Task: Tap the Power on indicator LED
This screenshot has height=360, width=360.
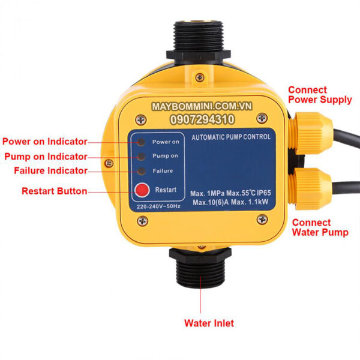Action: click(140, 142)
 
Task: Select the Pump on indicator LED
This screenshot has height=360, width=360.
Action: click(140, 157)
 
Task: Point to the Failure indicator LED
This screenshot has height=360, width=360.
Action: click(140, 171)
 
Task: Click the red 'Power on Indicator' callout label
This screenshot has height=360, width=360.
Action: click(45, 142)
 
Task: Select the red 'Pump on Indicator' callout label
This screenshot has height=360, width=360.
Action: click(46, 157)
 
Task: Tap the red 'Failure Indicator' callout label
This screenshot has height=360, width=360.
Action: click(50, 171)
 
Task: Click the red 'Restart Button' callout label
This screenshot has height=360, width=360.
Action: click(55, 191)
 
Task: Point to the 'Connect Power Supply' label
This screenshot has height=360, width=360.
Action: click(320, 94)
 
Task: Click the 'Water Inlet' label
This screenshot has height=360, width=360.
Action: click(209, 323)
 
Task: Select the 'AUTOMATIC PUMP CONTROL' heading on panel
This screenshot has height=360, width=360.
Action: click(230, 137)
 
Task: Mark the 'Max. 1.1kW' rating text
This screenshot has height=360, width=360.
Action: click(250, 202)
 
